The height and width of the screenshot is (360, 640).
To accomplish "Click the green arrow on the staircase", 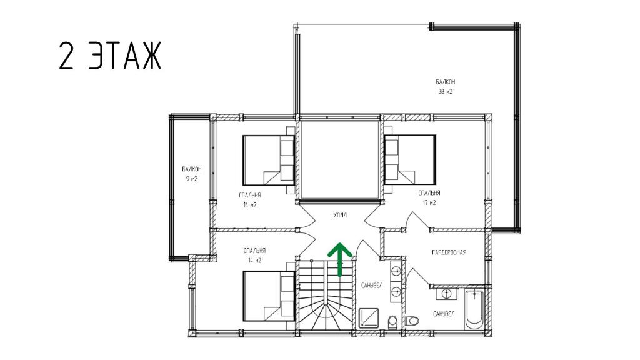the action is [x=339, y=259].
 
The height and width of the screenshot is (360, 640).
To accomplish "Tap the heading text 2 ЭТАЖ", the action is [x=110, y=56].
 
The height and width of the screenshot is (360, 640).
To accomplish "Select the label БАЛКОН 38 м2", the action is [x=445, y=86].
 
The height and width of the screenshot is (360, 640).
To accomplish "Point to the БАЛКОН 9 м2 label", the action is [x=191, y=174].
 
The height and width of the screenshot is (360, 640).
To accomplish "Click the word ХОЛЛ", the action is [x=339, y=215].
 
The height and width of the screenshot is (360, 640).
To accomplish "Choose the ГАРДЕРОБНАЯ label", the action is [x=449, y=252].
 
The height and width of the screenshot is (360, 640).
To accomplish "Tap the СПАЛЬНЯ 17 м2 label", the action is [x=429, y=197].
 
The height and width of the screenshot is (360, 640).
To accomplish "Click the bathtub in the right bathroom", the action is [x=474, y=309].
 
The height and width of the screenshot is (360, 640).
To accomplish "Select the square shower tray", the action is [x=369, y=318].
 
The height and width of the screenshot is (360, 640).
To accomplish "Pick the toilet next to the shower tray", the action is [x=392, y=322].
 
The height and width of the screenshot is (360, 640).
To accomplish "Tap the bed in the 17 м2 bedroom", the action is [x=410, y=159].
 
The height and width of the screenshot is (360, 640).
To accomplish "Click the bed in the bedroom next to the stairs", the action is [x=269, y=296].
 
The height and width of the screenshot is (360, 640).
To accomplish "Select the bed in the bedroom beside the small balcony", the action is [x=269, y=160].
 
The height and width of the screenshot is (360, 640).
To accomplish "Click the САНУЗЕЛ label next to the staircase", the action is [x=372, y=285].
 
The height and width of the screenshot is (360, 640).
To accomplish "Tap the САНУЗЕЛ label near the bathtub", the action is [x=444, y=314].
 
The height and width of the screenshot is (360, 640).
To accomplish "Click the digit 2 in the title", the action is [x=66, y=56].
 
